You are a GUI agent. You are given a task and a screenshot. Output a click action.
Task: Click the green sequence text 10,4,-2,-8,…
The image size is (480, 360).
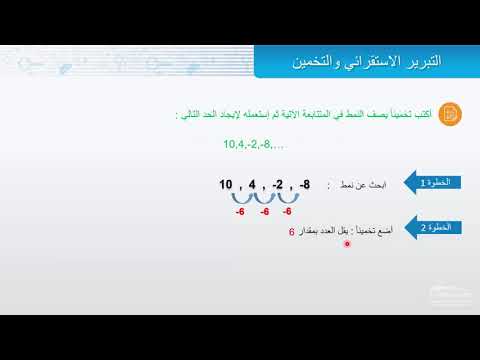point(253,146)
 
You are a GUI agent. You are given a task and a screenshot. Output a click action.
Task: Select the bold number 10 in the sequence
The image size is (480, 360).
point(225,186)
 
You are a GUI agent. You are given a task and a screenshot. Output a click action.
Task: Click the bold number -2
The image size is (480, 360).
point(277,186)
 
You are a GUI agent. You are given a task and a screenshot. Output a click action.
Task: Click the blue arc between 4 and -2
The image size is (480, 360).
point(264,198)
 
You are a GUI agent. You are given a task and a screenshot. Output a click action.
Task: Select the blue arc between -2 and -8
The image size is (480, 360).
point(288,198)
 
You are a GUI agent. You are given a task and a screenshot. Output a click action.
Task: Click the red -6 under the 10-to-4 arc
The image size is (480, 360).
point(240,212)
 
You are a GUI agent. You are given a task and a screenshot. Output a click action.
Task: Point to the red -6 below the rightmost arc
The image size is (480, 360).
point(287,212)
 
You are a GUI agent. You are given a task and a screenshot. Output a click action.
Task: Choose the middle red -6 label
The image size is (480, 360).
point(264,212)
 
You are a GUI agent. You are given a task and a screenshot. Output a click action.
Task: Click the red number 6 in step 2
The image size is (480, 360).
point(291,233)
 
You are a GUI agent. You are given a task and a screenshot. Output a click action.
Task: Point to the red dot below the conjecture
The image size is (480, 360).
point(346,245)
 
